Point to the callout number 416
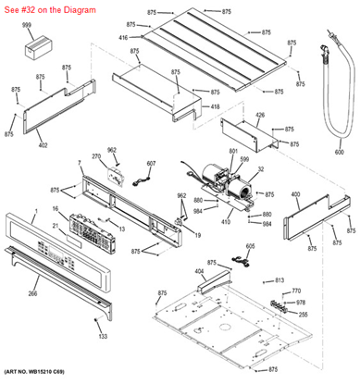coord(123,37)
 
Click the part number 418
coord(215,108)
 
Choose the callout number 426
coord(260,115)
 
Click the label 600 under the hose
coord(339,151)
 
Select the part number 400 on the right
coord(295,194)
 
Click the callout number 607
coord(150,163)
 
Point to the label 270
coord(96,157)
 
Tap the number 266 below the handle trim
coord(57,294)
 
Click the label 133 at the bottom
coord(103,336)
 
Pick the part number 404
coord(199,271)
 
